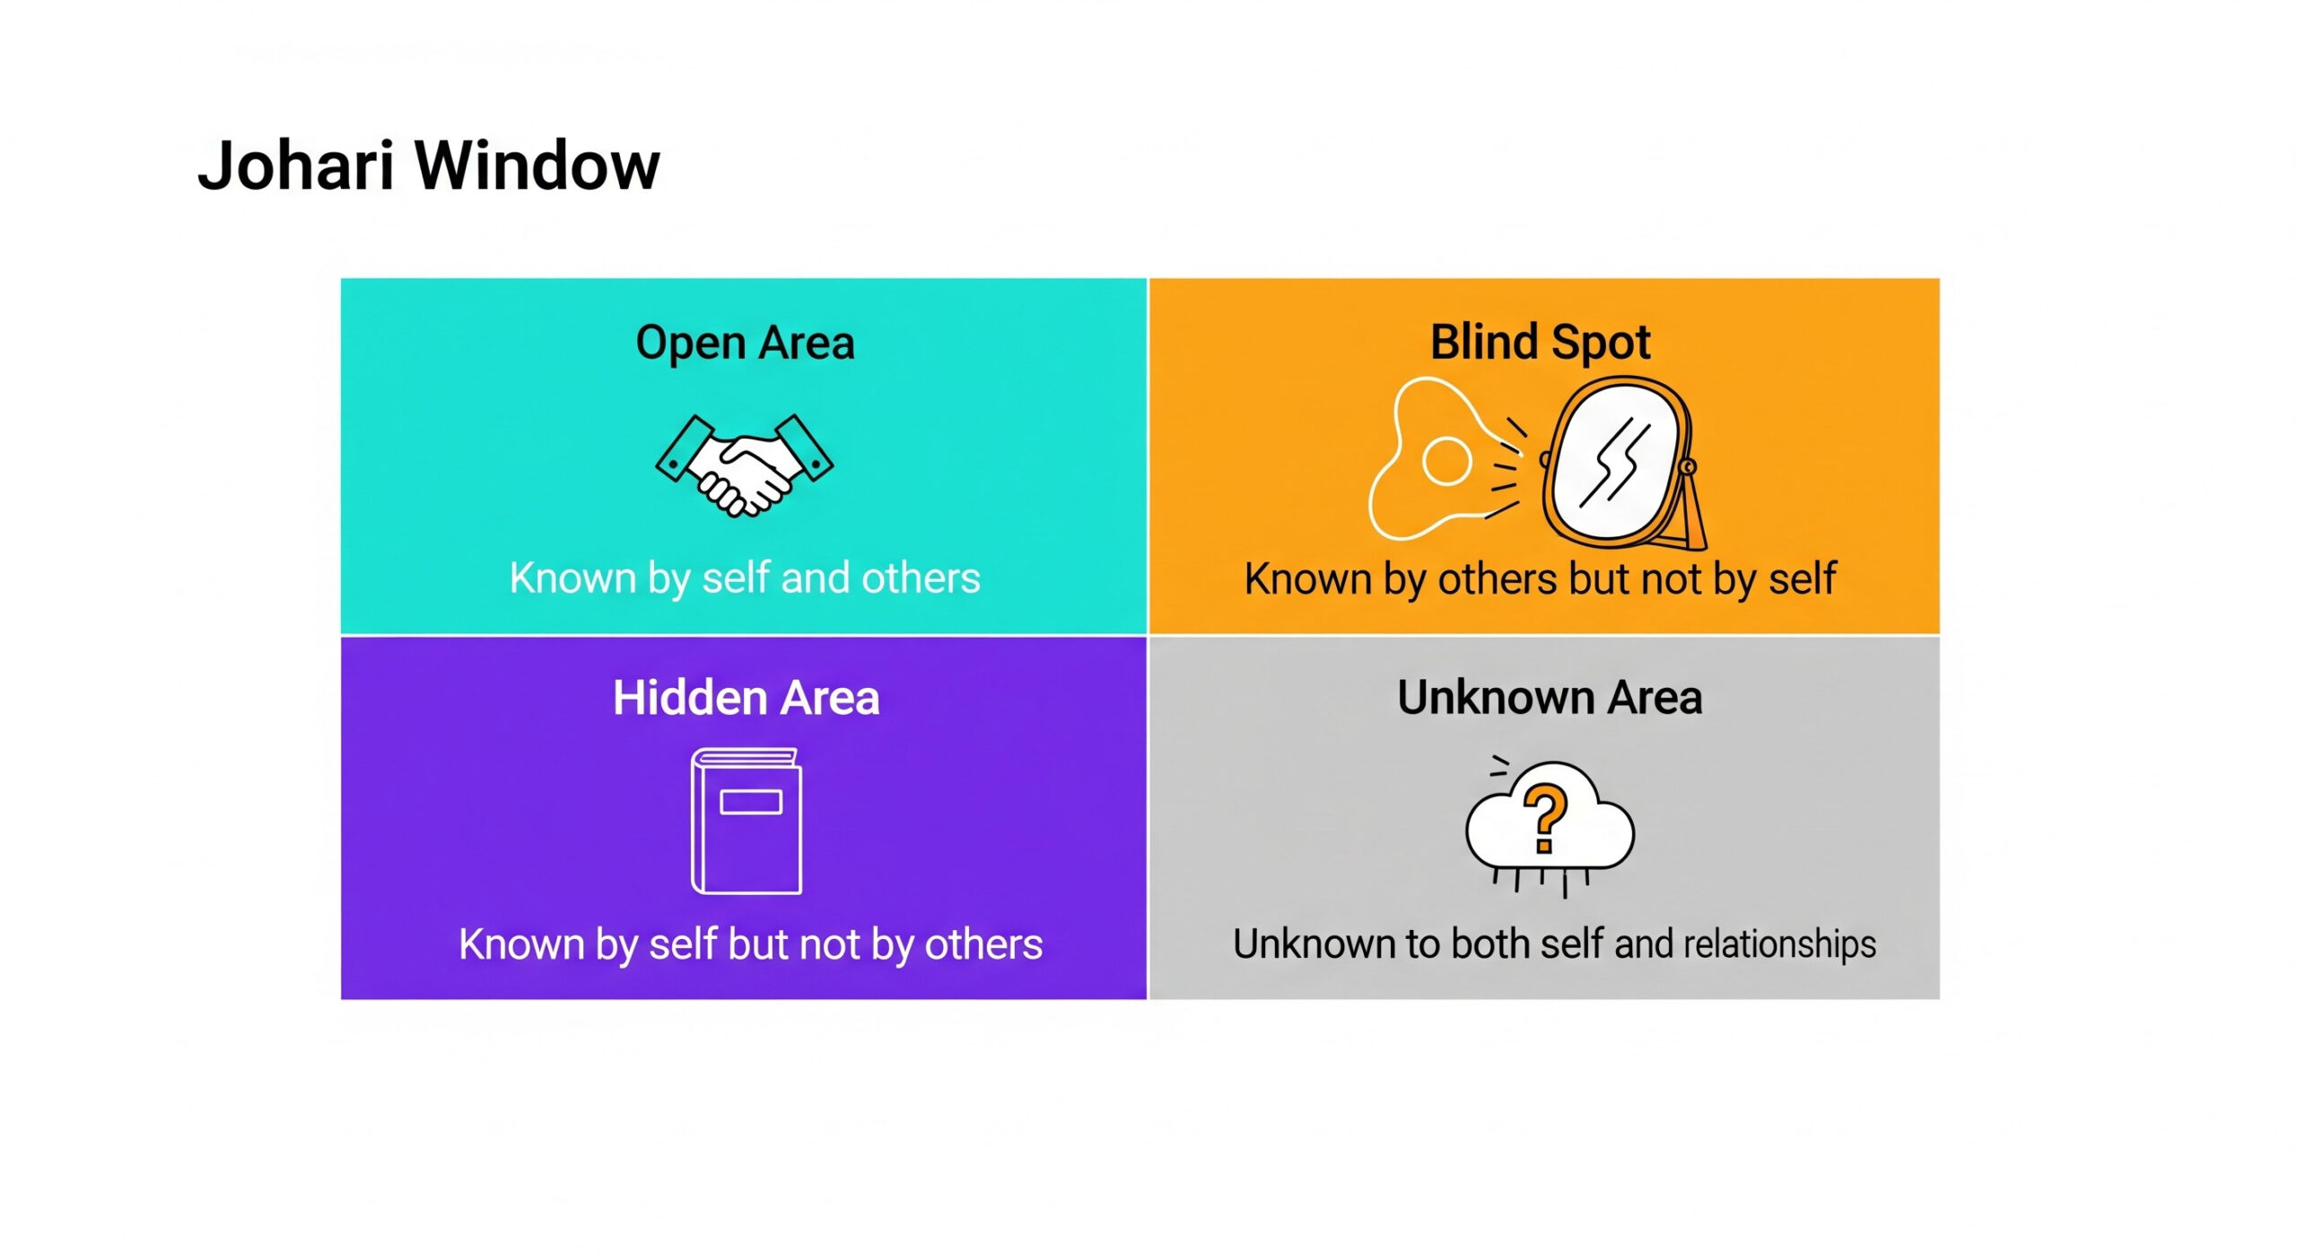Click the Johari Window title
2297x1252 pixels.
pyautogui.click(x=429, y=166)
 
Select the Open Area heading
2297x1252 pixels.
pyautogui.click(x=745, y=343)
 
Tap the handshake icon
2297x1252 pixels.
pyautogui.click(x=745, y=465)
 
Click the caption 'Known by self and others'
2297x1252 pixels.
pyautogui.click(x=745, y=578)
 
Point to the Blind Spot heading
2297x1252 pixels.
pyautogui.click(x=1540, y=342)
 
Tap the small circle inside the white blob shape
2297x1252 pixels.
pyautogui.click(x=1446, y=461)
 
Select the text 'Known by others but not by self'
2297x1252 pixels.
pyautogui.click(x=1540, y=579)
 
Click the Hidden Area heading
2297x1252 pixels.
pyautogui.click(x=746, y=698)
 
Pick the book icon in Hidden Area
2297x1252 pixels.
pyautogui.click(x=746, y=821)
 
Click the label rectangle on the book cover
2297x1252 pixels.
pyautogui.click(x=751, y=801)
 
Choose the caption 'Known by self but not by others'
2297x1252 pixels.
pyautogui.click(x=750, y=944)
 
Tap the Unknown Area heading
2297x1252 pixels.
pyautogui.click(x=1550, y=698)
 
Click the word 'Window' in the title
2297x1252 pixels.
pyautogui.click(x=537, y=166)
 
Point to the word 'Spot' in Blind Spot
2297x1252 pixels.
pyautogui.click(x=1601, y=343)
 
